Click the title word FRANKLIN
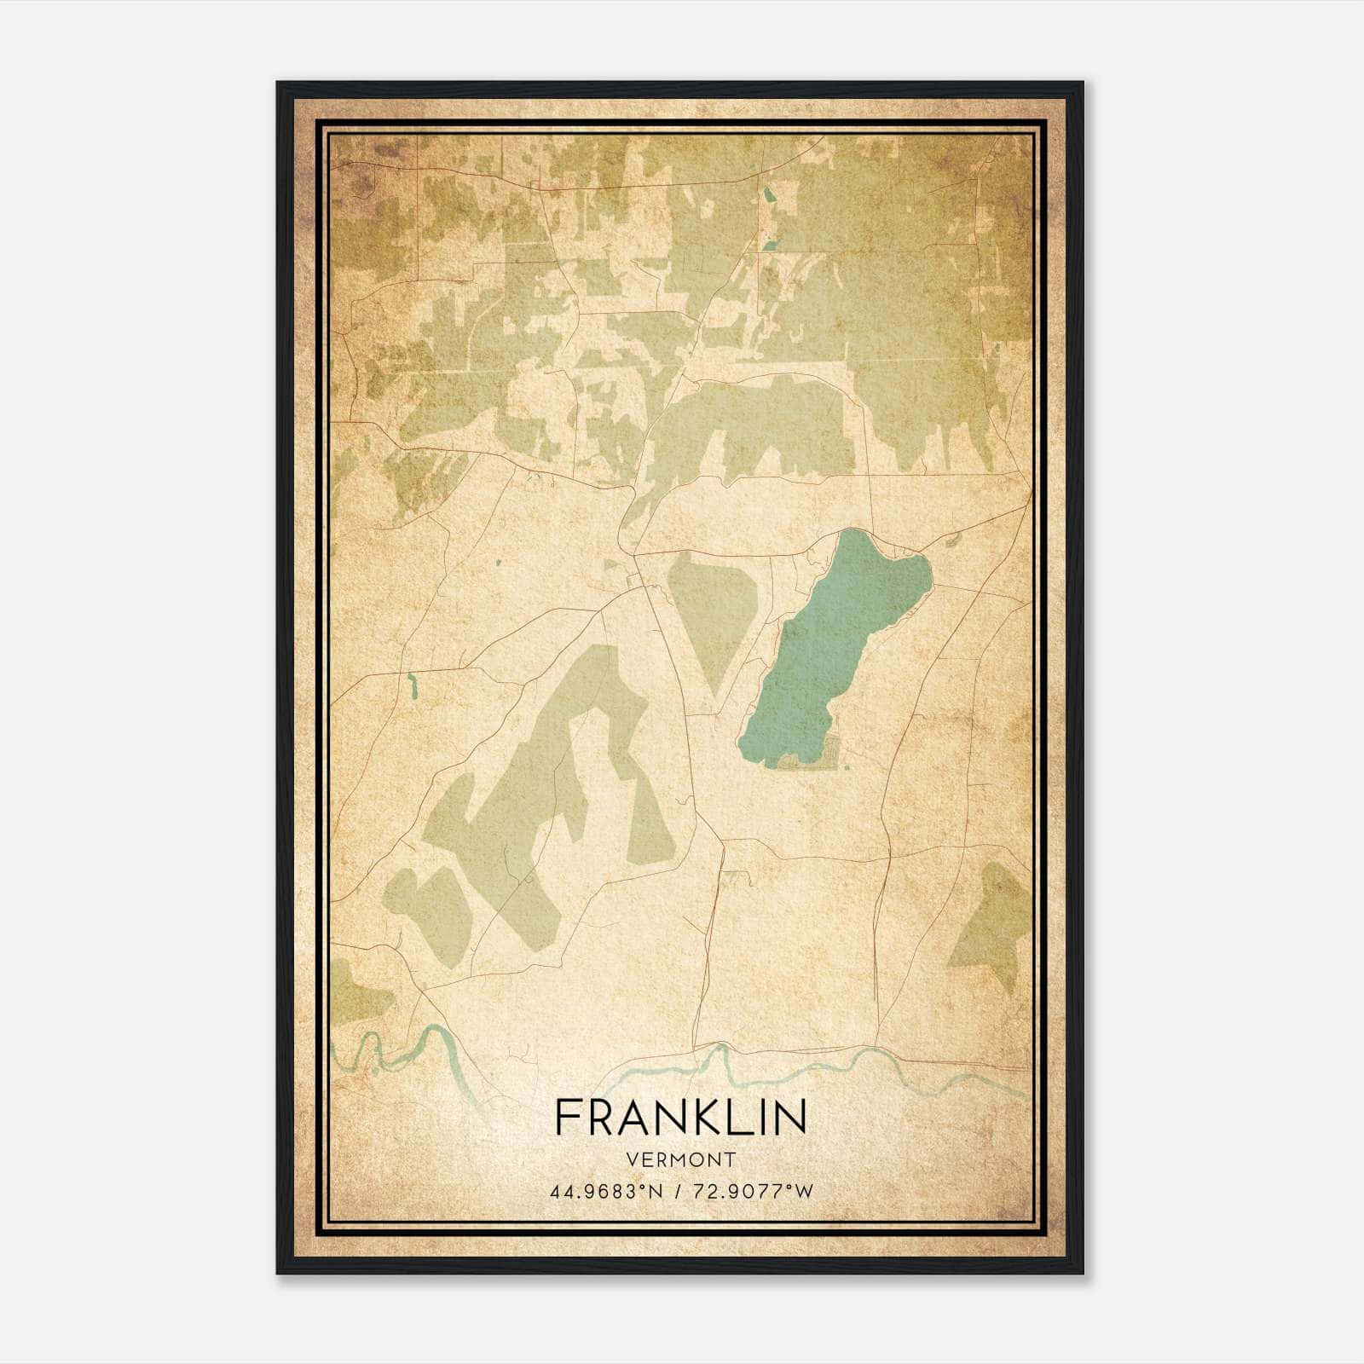[680, 1117]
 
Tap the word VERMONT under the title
[680, 1160]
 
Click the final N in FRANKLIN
[793, 1117]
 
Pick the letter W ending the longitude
[803, 1192]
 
